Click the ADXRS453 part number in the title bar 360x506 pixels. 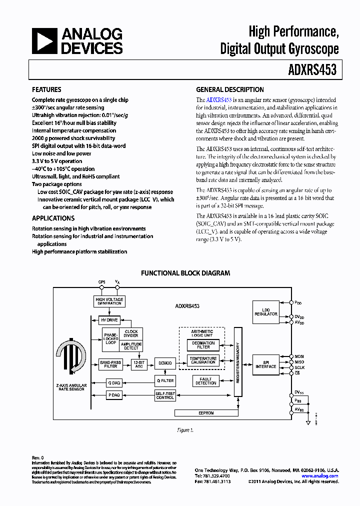[x=313, y=70]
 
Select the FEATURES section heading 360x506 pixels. [x=46, y=90]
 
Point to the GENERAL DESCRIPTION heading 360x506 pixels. [x=229, y=90]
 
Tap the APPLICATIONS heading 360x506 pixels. [x=53, y=218]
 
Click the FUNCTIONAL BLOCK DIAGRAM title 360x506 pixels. [x=185, y=273]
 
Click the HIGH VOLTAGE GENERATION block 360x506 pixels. [x=109, y=301]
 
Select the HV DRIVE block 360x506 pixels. [x=109, y=320]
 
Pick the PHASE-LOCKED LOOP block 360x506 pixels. [x=110, y=338]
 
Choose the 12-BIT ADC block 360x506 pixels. [x=138, y=364]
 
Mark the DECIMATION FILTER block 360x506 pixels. [x=203, y=345]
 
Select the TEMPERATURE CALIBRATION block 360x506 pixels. [x=203, y=360]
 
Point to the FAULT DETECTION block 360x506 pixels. [x=206, y=381]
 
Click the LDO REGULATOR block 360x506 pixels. [x=266, y=312]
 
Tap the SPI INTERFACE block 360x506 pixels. [x=266, y=364]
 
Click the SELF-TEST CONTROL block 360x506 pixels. [x=164, y=395]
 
